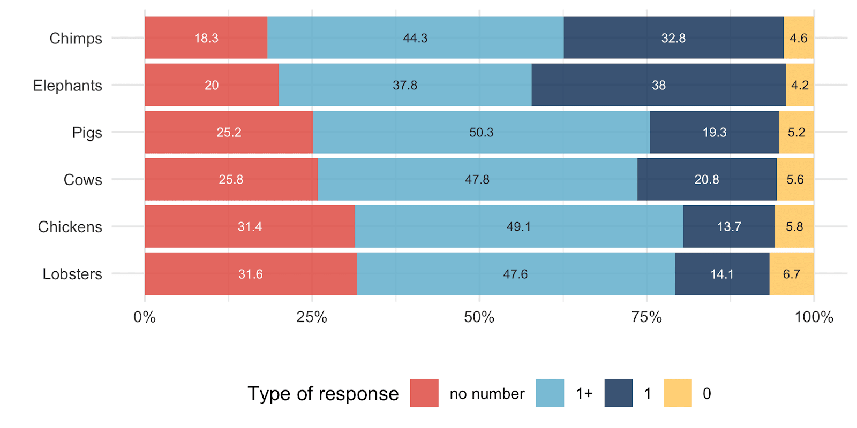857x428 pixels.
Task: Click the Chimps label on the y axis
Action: tap(76, 38)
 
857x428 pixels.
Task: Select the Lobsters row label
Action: tap(72, 274)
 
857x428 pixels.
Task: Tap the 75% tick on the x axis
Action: tap(646, 317)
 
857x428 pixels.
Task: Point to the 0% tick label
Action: tap(145, 317)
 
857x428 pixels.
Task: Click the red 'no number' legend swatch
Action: tap(424, 393)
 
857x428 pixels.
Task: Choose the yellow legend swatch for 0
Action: tap(678, 393)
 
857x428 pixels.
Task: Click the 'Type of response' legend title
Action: tap(324, 394)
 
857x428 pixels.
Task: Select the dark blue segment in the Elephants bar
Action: tap(659, 85)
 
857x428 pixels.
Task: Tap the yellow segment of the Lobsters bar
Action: tap(792, 273)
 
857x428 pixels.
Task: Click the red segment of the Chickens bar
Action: tap(250, 227)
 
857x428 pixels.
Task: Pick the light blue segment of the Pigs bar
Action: tap(482, 132)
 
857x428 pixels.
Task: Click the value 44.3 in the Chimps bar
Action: tap(415, 38)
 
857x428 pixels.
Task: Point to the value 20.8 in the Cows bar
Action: tap(706, 180)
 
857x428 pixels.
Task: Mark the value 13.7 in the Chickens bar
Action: tap(729, 227)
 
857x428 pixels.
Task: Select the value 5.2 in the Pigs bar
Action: tap(796, 132)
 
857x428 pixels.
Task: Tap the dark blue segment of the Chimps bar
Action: tap(673, 37)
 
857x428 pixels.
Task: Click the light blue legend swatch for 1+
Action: tap(550, 393)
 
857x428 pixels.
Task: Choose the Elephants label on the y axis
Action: tap(67, 85)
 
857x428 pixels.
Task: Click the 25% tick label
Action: tap(312, 317)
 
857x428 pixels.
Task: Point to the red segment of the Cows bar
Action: tap(231, 179)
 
